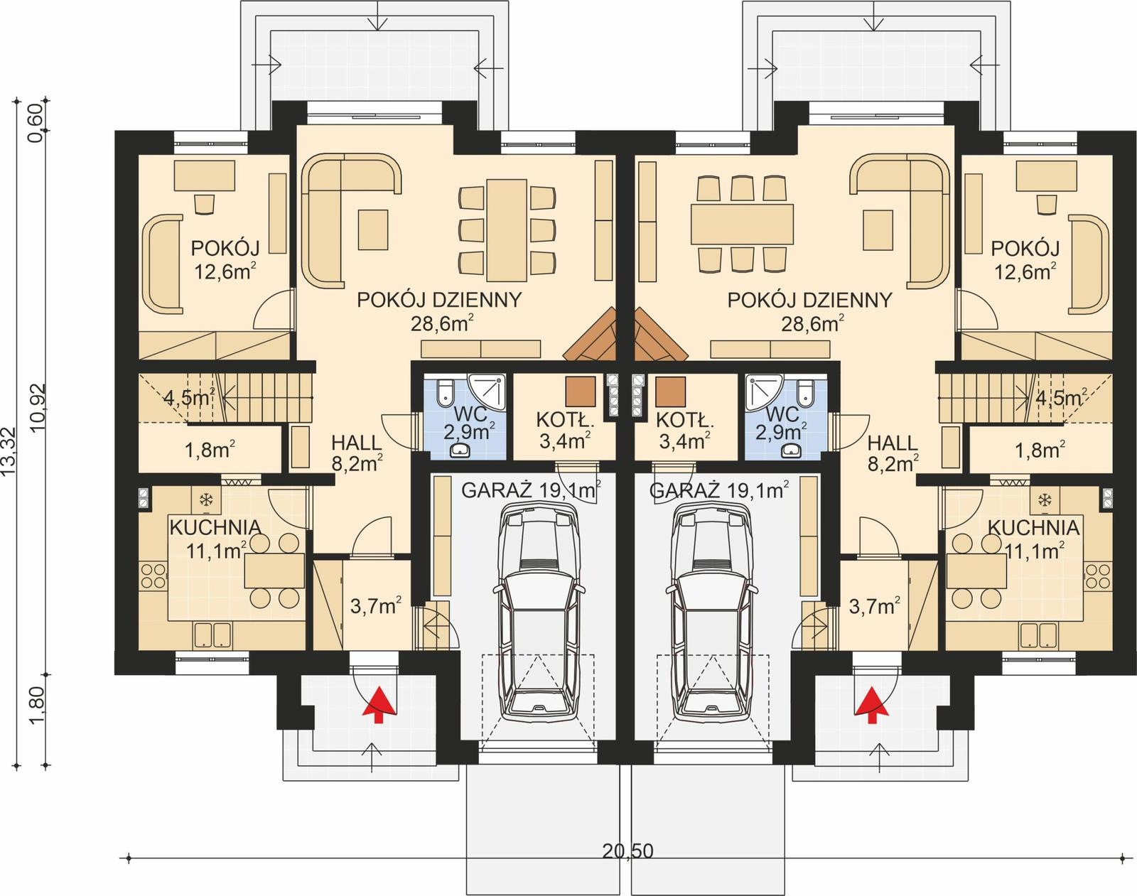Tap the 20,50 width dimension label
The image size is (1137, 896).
(627, 851)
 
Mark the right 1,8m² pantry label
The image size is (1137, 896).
(1040, 450)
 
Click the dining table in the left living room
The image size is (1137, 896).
(507, 230)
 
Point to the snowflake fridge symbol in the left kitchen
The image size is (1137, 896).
(206, 500)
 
